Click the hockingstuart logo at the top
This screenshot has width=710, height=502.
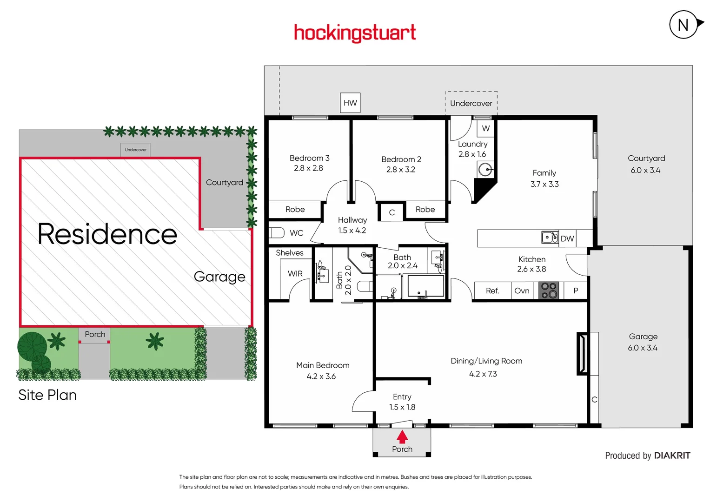coord(355,33)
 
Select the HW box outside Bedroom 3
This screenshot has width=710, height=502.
coord(350,103)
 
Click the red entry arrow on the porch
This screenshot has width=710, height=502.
coord(402,437)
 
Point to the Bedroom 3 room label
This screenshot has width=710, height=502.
coord(309,158)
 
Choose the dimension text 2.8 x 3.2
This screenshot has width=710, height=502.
coord(401,170)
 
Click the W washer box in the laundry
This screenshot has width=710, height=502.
coord(486,128)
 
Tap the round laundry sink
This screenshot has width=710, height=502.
coord(485,170)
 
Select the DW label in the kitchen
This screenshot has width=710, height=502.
coord(567,238)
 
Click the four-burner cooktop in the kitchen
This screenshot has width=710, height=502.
coord(549,291)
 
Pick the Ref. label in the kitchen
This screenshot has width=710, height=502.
coord(492,291)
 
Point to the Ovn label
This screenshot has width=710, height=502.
coord(522,291)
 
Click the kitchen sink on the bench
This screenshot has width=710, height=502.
coord(550,238)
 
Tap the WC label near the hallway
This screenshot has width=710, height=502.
coord(297,233)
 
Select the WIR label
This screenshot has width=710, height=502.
coord(295,274)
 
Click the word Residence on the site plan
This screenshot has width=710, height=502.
coord(107,234)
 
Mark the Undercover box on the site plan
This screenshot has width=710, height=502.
coord(136,150)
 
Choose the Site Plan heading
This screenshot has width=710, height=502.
coord(47,395)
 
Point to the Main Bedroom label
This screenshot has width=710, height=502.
coord(323,365)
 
